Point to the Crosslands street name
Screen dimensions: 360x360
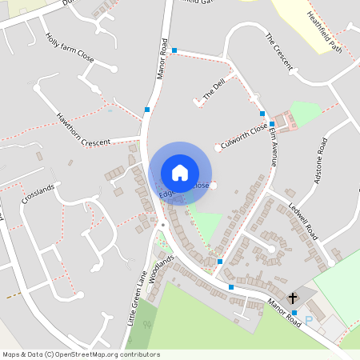coord(38,194)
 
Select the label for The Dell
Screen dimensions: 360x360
coord(214,88)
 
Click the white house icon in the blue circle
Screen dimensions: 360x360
coord(180,173)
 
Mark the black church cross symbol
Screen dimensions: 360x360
coord(294,296)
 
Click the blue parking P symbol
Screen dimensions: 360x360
coord(308,320)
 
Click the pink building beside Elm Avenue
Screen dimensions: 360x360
coord(290,122)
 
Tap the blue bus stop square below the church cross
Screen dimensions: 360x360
coord(294,312)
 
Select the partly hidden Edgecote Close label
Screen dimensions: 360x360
coord(184,188)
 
